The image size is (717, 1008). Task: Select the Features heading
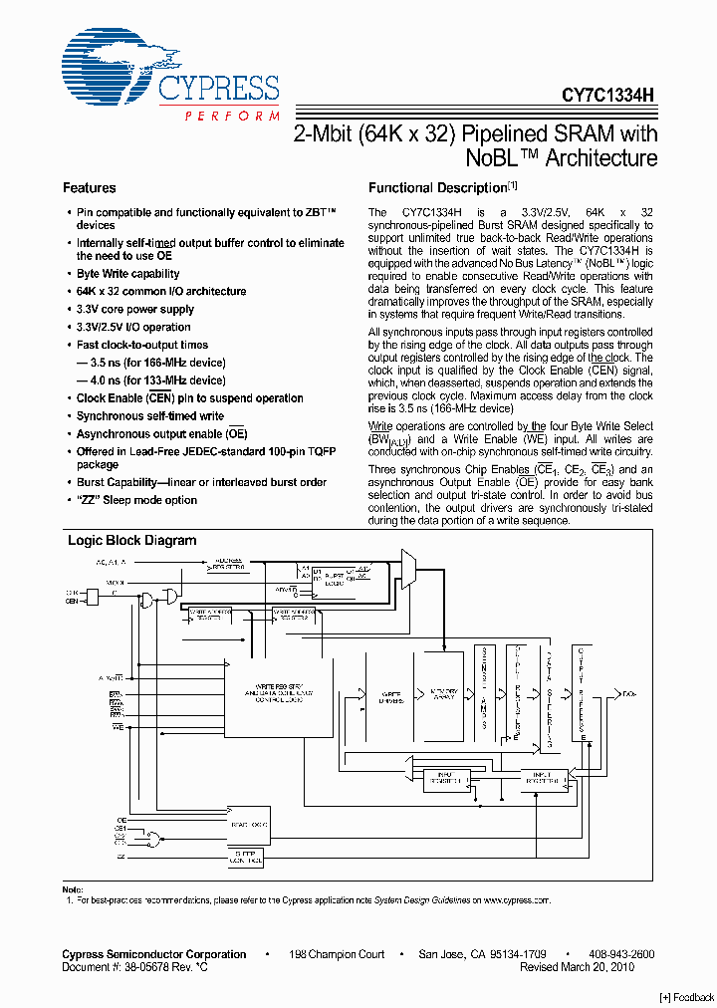90,187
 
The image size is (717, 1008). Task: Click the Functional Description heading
438,187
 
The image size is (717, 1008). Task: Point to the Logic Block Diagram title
131,540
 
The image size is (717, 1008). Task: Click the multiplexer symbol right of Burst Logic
408,568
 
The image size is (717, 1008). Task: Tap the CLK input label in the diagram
72,592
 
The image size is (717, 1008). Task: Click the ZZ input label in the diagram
120,856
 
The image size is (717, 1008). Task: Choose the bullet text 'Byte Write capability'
127,273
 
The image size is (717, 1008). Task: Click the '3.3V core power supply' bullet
134,309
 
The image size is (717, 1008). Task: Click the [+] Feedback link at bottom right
686,997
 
